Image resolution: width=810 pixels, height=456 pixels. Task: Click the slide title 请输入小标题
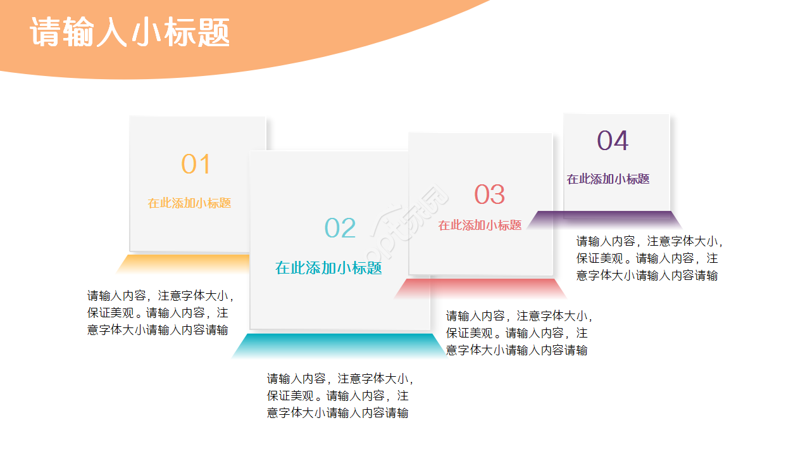pyautogui.click(x=130, y=32)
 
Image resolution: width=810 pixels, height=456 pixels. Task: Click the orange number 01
pyautogui.click(x=196, y=165)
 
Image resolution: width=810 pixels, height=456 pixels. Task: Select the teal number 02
pyautogui.click(x=340, y=229)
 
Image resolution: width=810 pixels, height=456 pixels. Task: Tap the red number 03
pyautogui.click(x=489, y=195)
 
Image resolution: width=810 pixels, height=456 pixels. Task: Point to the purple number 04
pyautogui.click(x=613, y=141)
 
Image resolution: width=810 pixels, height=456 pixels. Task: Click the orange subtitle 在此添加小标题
pyautogui.click(x=189, y=203)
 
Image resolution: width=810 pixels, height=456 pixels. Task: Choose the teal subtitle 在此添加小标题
pyautogui.click(x=328, y=268)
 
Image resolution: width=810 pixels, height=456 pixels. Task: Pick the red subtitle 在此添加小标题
pyautogui.click(x=480, y=225)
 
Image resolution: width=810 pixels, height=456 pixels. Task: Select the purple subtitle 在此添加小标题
pyautogui.click(x=607, y=179)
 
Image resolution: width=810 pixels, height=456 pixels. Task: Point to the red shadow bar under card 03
pyautogui.click(x=481, y=288)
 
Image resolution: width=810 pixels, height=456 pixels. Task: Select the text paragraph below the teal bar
pyautogui.click(x=340, y=396)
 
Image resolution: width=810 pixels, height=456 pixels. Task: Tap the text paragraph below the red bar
pyautogui.click(x=519, y=333)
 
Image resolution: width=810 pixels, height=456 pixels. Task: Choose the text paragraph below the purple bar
pyautogui.click(x=649, y=258)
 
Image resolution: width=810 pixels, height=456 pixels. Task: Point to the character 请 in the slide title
pyautogui.click(x=46, y=32)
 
